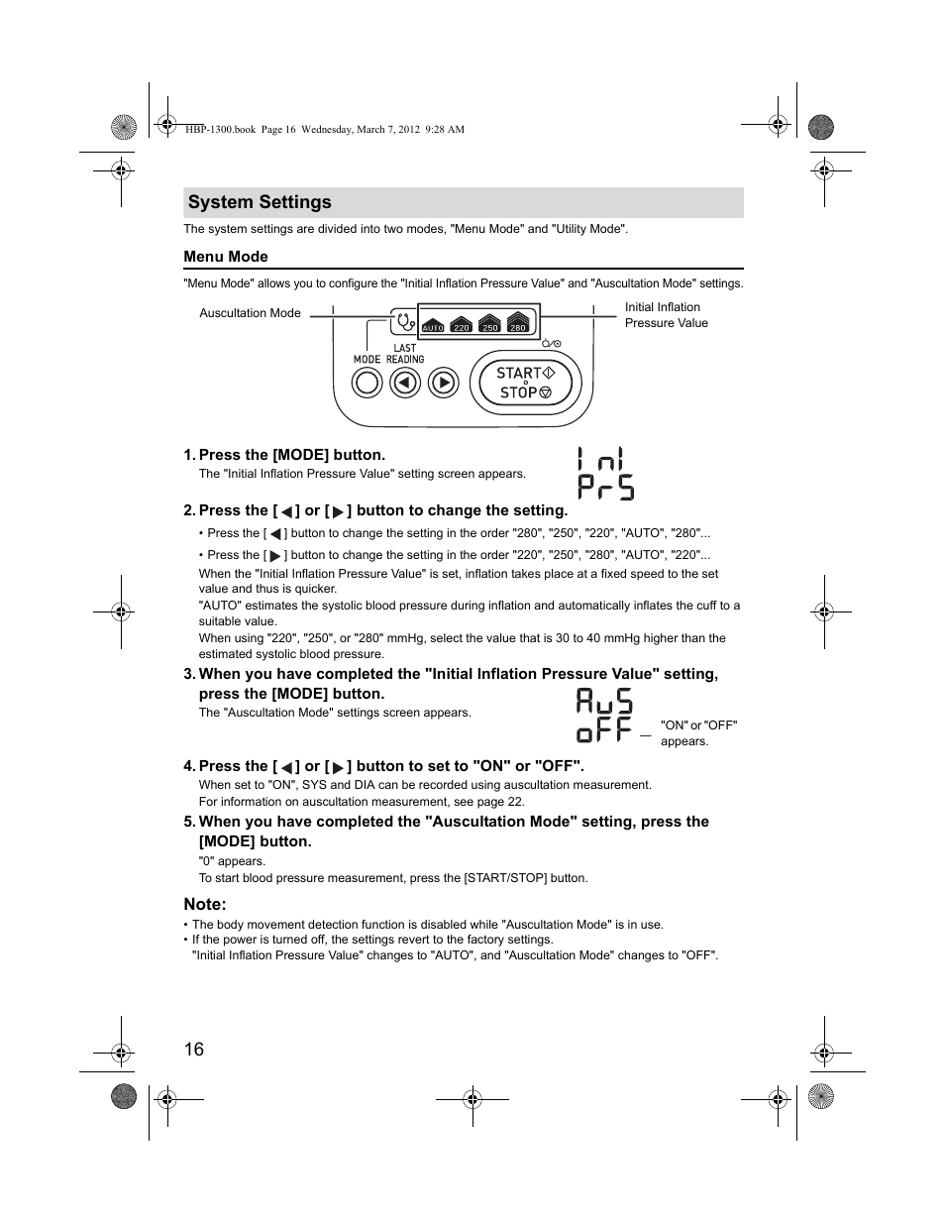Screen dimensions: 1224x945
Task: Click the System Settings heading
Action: (260, 202)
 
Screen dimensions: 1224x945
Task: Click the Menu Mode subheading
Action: (226, 257)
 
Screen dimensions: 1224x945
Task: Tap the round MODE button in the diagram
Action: (367, 383)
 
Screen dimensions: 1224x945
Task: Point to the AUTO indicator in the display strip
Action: (433, 324)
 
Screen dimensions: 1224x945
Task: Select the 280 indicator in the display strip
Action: (518, 324)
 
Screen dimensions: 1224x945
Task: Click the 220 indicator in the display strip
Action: (461, 324)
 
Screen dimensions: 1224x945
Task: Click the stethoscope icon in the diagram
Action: (404, 322)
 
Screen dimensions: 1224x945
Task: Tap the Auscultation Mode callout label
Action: (250, 313)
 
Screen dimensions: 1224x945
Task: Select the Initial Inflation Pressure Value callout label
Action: (666, 315)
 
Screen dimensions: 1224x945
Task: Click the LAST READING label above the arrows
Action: (405, 354)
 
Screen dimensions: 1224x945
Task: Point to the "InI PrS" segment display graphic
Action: (604, 473)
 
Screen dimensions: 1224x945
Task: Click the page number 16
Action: (193, 1050)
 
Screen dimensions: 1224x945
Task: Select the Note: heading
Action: (205, 904)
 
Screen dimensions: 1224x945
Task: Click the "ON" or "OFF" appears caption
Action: (698, 733)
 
